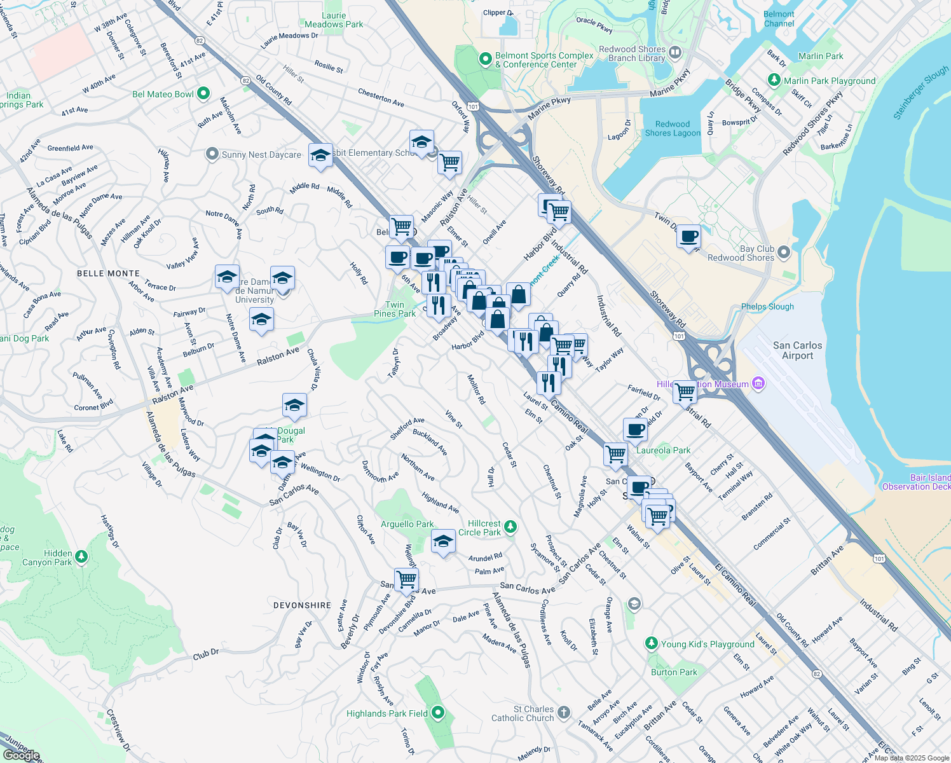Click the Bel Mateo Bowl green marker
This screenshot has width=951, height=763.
203,94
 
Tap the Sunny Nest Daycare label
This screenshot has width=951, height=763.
261,155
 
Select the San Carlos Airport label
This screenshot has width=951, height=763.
797,350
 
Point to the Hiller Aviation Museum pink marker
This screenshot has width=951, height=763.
757,383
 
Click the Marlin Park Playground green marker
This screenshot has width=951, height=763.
774,80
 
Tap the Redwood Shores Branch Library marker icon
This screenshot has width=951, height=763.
675,53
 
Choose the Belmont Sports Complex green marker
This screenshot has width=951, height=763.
486,59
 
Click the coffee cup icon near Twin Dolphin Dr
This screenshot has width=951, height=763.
689,238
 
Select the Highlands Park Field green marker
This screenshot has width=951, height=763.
437,713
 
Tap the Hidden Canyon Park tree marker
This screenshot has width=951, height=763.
81,557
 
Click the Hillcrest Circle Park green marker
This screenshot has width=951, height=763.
510,527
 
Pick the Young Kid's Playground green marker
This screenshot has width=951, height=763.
651,643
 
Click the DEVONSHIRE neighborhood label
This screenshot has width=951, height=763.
302,605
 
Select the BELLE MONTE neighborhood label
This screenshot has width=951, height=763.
108,273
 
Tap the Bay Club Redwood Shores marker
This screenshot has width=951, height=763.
784,252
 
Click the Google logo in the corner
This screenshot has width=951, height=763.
22,755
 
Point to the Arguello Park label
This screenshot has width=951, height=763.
407,524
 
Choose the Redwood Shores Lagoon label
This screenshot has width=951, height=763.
673,128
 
